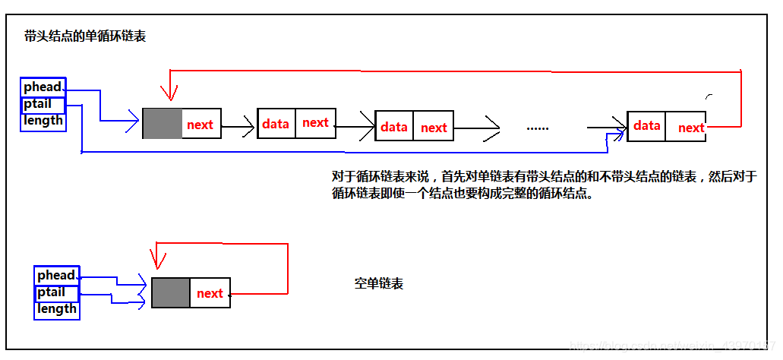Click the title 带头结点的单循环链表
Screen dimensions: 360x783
tap(84, 36)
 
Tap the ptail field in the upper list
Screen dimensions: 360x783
tap(38, 103)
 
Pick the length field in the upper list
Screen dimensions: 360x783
tap(43, 120)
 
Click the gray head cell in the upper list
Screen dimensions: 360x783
tap(163, 124)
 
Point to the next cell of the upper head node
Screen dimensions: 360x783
tap(200, 125)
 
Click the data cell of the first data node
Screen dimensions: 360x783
tap(276, 123)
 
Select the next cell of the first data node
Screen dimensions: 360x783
tap(315, 123)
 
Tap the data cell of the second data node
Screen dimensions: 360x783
tap(394, 127)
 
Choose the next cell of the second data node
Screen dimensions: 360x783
tap(434, 128)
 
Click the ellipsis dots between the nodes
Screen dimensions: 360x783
tap(537, 128)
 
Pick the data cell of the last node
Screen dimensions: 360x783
tap(646, 125)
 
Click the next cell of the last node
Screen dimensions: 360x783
tap(691, 128)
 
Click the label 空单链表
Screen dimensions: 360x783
tap(379, 283)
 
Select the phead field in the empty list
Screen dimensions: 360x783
tap(57, 275)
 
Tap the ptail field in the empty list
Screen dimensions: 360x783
tap(52, 292)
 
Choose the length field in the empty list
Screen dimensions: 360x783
tap(57, 308)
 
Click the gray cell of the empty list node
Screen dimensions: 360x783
tap(171, 292)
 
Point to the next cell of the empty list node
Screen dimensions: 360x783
tap(210, 293)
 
